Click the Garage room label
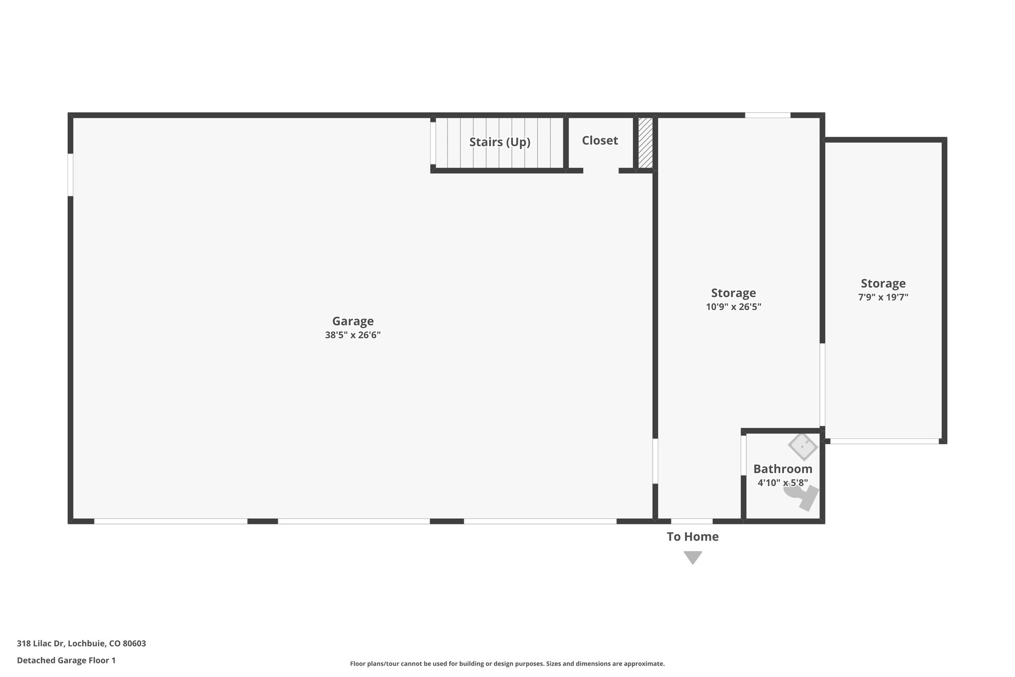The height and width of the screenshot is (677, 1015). click(x=352, y=321)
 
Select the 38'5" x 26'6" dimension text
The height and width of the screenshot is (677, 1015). click(x=352, y=335)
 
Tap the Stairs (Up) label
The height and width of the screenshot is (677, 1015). click(x=500, y=142)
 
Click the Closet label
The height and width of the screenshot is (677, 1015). click(x=600, y=141)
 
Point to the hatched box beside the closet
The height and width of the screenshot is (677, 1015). click(x=645, y=143)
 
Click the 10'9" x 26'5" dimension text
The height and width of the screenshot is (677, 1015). click(x=733, y=307)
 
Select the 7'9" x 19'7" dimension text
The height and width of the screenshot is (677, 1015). click(x=883, y=298)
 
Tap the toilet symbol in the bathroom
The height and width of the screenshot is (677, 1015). click(x=802, y=496)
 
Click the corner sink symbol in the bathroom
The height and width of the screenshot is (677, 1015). click(x=803, y=446)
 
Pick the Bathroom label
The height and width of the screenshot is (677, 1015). click(x=783, y=469)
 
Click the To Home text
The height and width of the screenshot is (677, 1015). click(x=692, y=537)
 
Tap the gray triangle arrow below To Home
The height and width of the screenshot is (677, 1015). click(x=692, y=557)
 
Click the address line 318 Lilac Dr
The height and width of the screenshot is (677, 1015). click(x=81, y=644)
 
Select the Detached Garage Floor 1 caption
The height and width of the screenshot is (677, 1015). click(x=66, y=661)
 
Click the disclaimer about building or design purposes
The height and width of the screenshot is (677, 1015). click(x=507, y=664)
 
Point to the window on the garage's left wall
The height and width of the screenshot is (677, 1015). click(x=70, y=175)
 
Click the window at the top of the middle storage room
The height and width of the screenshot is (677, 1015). click(x=767, y=115)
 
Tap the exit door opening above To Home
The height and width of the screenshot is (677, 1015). click(x=692, y=521)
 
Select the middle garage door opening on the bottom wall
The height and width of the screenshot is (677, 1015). click(x=353, y=521)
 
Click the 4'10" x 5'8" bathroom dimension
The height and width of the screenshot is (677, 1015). click(x=783, y=483)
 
